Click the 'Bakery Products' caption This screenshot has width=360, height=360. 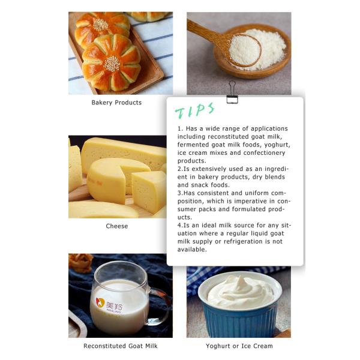coord(116,103)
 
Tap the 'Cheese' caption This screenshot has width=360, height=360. coord(117,226)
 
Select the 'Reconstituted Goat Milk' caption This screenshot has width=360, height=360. coord(121,346)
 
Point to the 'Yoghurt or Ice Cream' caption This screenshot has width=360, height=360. coord(239,346)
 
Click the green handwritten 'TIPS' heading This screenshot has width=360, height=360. coord(195,110)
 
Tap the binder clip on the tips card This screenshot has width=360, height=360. coord(232,92)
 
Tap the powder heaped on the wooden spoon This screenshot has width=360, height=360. coord(245,50)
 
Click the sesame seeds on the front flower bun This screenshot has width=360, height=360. coord(112,64)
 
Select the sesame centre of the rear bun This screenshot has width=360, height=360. coord(100,25)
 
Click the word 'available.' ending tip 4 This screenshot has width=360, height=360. coord(192,250)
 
